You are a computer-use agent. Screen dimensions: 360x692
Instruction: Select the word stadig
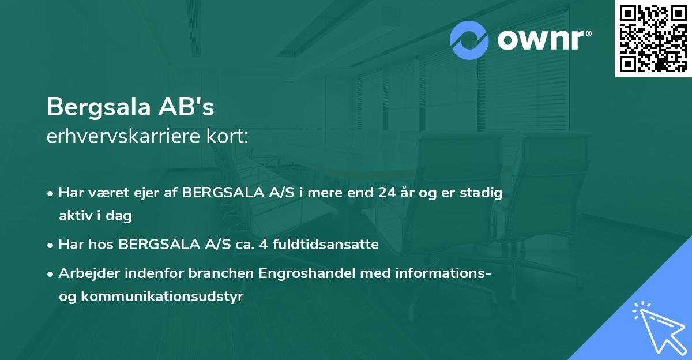[483, 193]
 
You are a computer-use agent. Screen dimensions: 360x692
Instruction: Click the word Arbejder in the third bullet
[85, 273]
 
